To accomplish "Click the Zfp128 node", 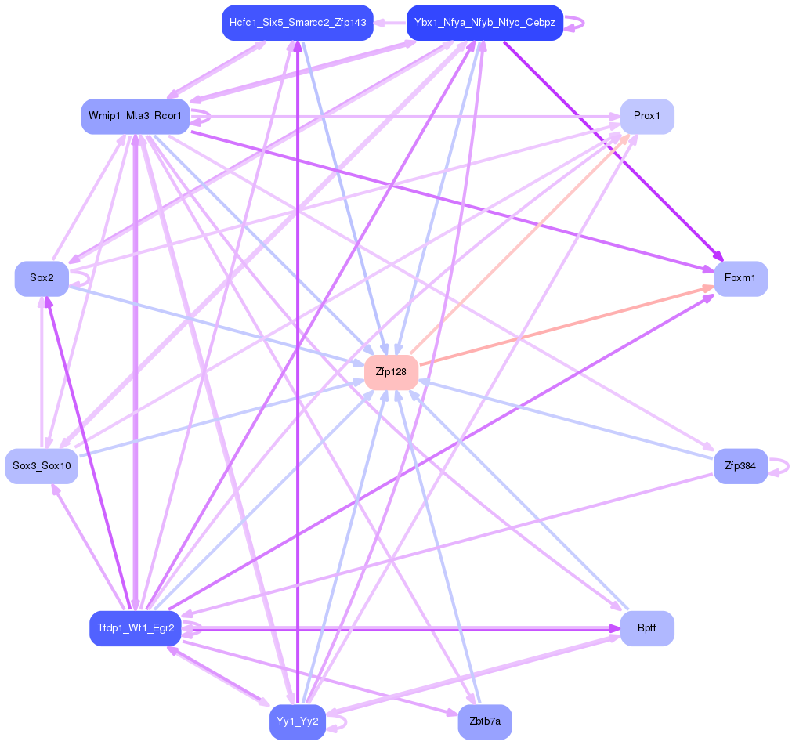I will (391, 372).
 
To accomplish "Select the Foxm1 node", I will (740, 278).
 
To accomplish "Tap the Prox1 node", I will (647, 116).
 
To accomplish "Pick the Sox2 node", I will (42, 278).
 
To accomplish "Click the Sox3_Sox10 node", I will (42, 466).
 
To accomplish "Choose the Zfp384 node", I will (740, 466).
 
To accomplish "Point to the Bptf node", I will (647, 628).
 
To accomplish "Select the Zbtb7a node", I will (485, 721).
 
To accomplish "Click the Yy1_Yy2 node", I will (298, 721).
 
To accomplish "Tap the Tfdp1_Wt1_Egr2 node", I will (136, 628).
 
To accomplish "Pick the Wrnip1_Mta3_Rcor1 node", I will (136, 116).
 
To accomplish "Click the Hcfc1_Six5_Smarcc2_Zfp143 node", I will (298, 23).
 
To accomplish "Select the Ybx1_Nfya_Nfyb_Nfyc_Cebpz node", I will (485, 23).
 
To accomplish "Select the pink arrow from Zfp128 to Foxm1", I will (564, 326).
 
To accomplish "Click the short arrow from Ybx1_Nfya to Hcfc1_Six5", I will (389, 23).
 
